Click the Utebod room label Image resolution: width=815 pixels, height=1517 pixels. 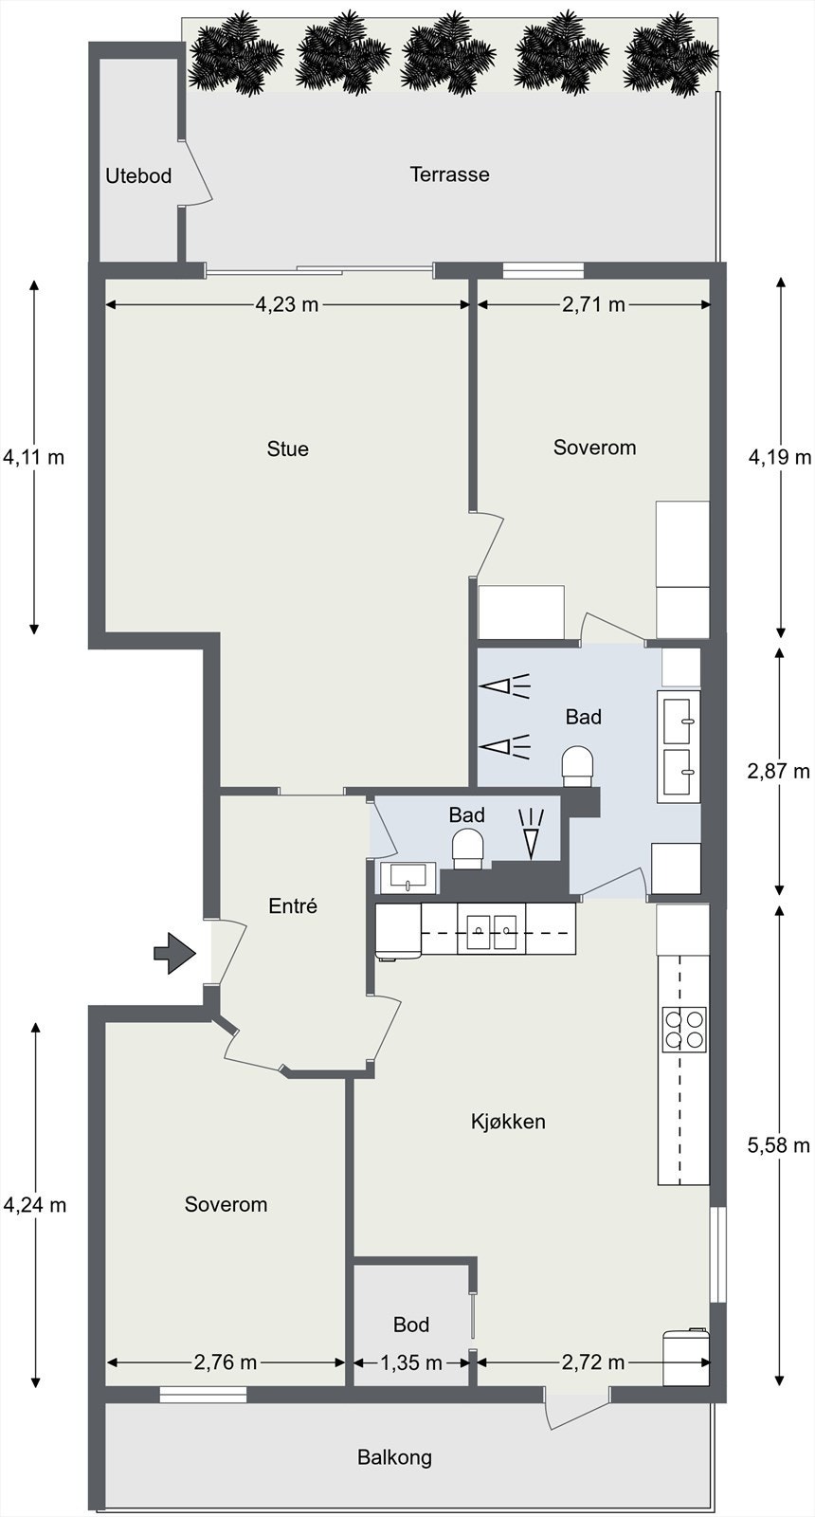[x=138, y=176]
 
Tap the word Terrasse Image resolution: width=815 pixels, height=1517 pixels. [x=449, y=174]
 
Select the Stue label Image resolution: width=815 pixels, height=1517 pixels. [x=288, y=448]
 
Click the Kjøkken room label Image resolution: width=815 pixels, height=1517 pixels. [x=508, y=1122]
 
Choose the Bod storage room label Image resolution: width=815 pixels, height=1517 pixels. [x=411, y=1324]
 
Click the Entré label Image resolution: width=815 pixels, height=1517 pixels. [x=293, y=905]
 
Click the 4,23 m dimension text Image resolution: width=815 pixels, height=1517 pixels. [x=287, y=304]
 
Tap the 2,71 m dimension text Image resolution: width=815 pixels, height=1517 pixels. [x=593, y=304]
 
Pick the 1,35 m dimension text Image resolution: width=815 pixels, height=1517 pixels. [x=411, y=1362]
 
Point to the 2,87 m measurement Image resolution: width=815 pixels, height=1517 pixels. [x=778, y=771]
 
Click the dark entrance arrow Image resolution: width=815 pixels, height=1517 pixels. [x=174, y=954]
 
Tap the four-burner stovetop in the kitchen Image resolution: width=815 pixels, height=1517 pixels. [x=684, y=1029]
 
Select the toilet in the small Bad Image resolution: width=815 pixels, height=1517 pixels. [x=468, y=850]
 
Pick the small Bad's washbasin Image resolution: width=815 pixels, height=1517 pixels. [x=407, y=878]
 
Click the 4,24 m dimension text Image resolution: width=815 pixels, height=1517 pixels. [x=35, y=1205]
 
